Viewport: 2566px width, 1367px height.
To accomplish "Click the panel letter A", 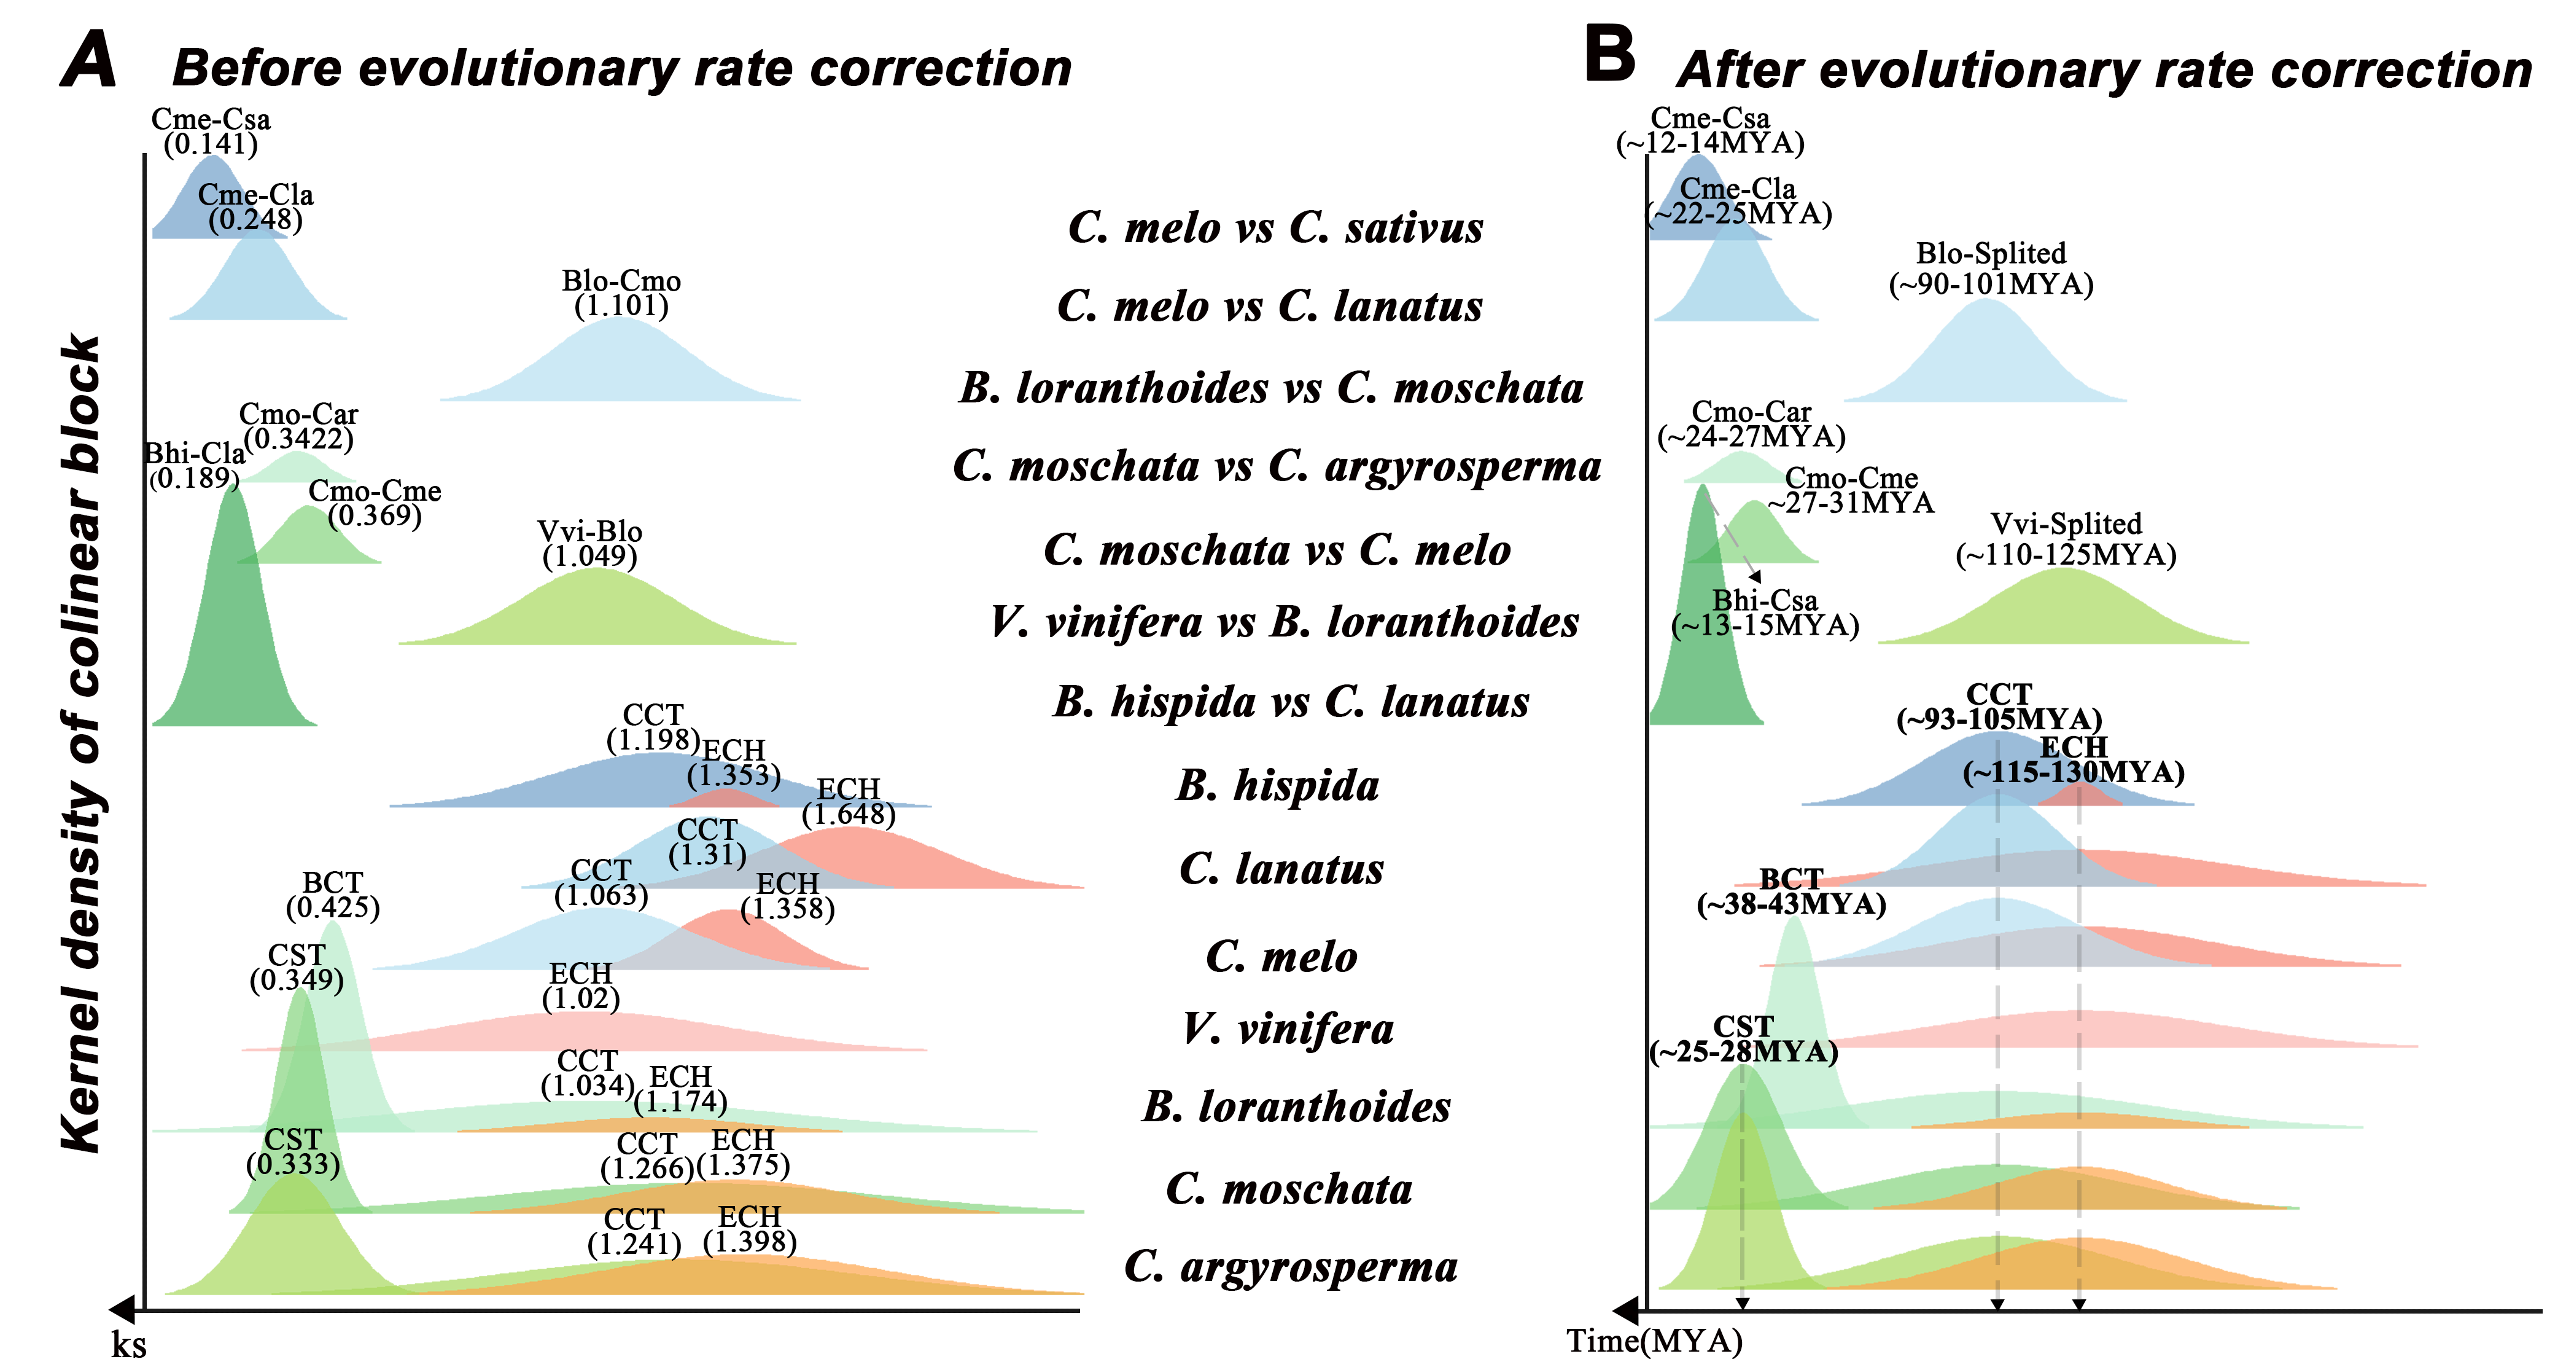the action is [x=90, y=60].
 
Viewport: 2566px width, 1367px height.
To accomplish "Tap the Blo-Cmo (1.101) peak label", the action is [x=621, y=293].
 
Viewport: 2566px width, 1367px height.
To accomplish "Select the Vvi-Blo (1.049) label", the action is [x=589, y=544].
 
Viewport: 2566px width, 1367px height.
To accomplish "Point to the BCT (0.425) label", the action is [x=333, y=895].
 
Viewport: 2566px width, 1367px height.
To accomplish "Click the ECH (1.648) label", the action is [x=849, y=802].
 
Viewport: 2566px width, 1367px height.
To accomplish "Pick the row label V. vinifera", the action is [x=1288, y=1028].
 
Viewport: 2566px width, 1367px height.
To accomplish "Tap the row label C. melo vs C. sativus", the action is [x=1276, y=227].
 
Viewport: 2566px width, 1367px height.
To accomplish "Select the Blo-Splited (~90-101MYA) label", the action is [x=1991, y=269].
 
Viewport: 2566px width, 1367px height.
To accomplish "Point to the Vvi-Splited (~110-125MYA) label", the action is [x=2066, y=539].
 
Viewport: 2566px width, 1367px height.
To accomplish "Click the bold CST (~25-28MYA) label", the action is [x=1744, y=1039].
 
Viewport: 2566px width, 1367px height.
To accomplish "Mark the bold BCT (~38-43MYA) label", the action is [x=1791, y=891].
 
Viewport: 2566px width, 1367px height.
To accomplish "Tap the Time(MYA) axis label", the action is [x=1655, y=1341].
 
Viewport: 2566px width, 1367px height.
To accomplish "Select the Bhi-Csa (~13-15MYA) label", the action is [x=1765, y=613].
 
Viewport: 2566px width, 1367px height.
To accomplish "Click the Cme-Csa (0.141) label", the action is [x=210, y=131].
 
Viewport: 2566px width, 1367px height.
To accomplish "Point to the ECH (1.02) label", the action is [x=581, y=985].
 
